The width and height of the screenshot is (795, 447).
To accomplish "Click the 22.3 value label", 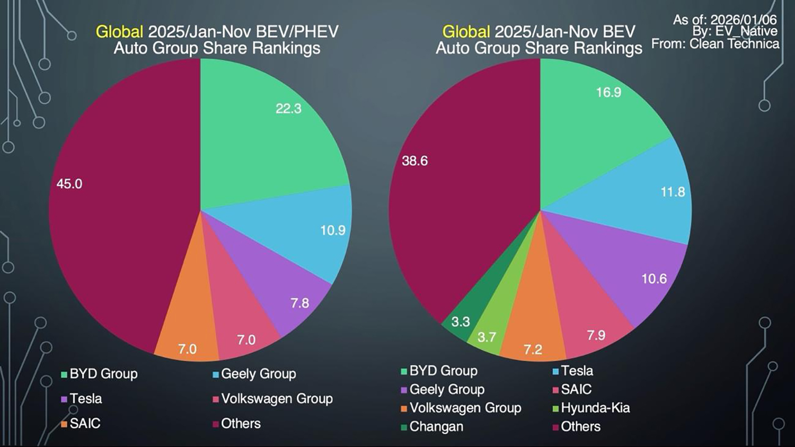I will point(288,109).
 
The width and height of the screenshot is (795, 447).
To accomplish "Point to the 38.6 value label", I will point(414,161).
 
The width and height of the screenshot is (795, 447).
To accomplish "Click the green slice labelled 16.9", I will point(594,122).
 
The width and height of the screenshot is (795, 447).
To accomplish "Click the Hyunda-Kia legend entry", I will point(595,408).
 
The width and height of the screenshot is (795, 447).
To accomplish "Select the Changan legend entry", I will point(436,426).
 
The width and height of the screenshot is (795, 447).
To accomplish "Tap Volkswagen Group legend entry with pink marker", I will point(277,399).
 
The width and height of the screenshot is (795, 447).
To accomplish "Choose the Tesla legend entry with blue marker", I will point(577,371).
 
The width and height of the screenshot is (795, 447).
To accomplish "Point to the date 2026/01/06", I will point(743,20).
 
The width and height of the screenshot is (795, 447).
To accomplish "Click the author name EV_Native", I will point(746,31).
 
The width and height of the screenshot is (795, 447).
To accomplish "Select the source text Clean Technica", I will point(734,44).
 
